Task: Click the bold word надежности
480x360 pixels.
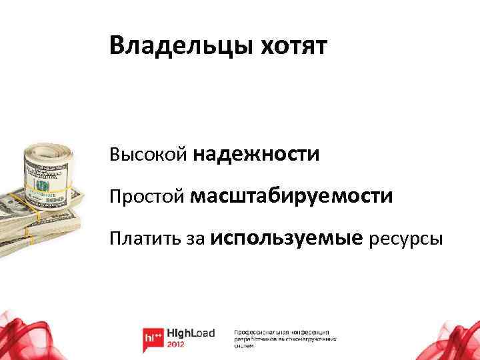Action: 257,155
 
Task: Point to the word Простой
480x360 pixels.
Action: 147,197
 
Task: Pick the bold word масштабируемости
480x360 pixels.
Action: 291,197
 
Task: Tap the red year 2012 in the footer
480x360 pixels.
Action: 177,346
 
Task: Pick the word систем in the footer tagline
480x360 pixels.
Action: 245,347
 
